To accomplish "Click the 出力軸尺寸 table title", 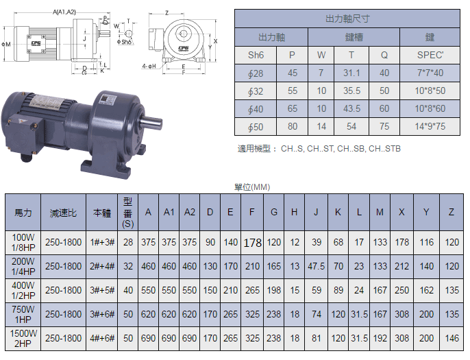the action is pyautogui.click(x=347, y=19).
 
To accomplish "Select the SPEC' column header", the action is pyautogui.click(x=430, y=55).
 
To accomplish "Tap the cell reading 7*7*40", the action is pyautogui.click(x=430, y=73).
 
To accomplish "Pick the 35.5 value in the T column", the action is pyautogui.click(x=351, y=91).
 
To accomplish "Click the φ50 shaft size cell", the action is pyautogui.click(x=256, y=127).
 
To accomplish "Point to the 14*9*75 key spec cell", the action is pyautogui.click(x=430, y=126).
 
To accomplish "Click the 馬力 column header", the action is pyautogui.click(x=23, y=213).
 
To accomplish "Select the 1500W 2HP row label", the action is pyautogui.click(x=23, y=338).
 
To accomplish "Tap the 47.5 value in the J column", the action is pyautogui.click(x=317, y=266).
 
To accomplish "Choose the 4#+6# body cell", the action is pyautogui.click(x=102, y=338).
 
